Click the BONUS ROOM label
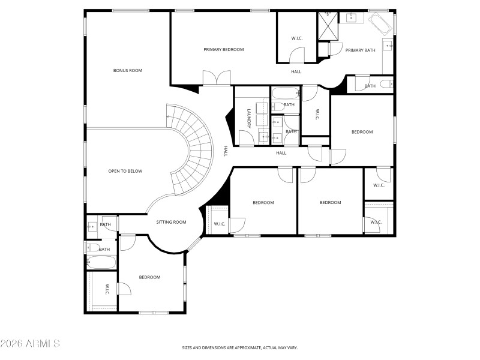click(127, 71)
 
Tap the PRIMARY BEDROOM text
click(223, 49)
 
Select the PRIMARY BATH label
click(360, 50)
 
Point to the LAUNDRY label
click(248, 118)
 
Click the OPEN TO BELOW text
click(125, 171)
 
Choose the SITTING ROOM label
click(171, 222)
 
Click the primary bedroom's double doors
click(216, 78)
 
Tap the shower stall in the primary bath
click(328, 26)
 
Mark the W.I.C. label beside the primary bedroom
click(297, 38)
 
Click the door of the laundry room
click(246, 139)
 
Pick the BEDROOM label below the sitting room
click(149, 277)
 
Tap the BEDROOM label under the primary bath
click(362, 132)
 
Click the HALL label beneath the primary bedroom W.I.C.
click(296, 72)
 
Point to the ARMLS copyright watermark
click(30, 344)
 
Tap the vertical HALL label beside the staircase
click(226, 151)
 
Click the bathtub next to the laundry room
click(284, 94)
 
